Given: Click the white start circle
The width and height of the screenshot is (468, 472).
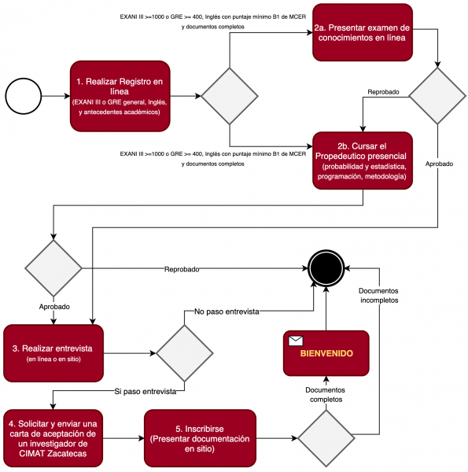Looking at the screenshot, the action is click(23, 96).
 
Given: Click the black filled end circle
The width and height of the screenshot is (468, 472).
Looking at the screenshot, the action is click(326, 268).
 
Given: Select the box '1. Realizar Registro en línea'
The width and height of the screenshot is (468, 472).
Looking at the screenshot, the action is click(120, 96).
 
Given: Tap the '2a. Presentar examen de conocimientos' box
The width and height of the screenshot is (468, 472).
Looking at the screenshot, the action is click(363, 32).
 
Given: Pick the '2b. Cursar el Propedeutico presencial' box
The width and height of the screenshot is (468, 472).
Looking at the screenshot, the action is click(363, 160).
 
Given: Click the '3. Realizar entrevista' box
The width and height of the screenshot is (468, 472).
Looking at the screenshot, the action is click(53, 353).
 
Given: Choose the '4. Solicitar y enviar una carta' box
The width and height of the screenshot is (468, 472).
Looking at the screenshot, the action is click(53, 438).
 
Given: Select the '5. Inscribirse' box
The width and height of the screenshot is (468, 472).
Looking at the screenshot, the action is click(200, 438).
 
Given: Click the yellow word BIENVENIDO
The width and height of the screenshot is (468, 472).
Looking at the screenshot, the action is click(326, 353).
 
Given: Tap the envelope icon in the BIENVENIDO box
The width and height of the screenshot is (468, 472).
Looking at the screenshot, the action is click(296, 341).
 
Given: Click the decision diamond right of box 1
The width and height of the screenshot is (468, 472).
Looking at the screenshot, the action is click(230, 96).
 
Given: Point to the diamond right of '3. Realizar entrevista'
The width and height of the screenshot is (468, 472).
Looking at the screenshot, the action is click(185, 353).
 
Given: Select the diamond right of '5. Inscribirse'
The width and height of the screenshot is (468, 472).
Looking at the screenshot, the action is click(326, 438).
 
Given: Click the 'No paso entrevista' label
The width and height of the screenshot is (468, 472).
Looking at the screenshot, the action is click(227, 312).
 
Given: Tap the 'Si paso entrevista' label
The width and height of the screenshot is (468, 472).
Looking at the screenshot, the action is click(146, 391).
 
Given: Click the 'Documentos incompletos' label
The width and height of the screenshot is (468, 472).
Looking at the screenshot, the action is click(378, 296).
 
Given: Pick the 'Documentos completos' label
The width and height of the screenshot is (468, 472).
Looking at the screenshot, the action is click(326, 395).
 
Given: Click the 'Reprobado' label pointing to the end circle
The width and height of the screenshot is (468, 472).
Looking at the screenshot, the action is click(182, 269).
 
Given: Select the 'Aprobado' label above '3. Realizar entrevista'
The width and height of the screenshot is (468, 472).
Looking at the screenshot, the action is click(54, 307).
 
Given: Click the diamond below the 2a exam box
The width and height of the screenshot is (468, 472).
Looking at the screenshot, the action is click(437, 96).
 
